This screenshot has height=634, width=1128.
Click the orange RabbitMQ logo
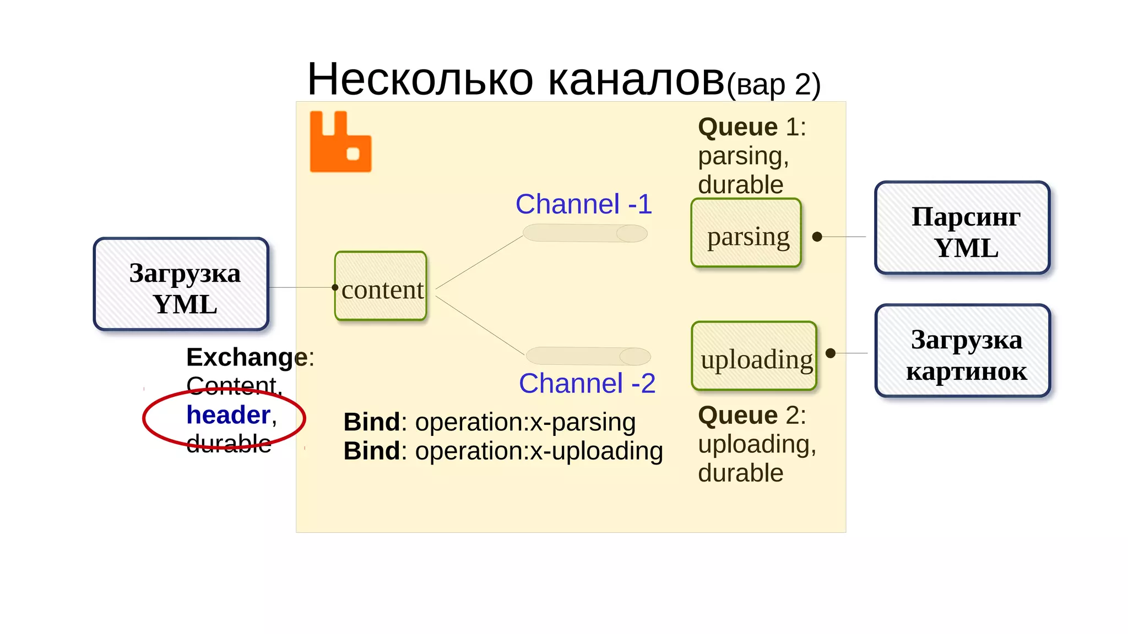pos(340,143)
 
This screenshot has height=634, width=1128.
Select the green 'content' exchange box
pos(381,286)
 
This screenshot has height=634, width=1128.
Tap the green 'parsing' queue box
pos(746,233)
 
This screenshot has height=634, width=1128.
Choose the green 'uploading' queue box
pos(754,356)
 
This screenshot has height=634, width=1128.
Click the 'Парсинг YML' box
pos(962,228)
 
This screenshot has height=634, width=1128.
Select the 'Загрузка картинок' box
pos(963,351)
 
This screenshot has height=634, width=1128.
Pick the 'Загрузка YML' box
pos(181,284)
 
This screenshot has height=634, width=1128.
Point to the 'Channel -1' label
pos(584,204)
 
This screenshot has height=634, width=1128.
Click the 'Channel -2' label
pos(587,383)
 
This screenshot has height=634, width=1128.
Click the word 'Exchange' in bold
pos(247,357)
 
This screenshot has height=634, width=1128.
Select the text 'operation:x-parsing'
pos(525,422)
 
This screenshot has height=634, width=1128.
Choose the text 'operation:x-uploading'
pos(539,451)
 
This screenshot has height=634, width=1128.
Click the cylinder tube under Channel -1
pos(585,233)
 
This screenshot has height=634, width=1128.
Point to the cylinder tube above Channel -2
pos(588,356)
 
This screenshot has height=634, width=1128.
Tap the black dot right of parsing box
pos(817,237)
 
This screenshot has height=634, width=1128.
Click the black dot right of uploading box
pos(831,353)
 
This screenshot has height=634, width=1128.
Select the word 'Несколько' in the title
pos(420,80)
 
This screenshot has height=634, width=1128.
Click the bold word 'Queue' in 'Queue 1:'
pos(737,127)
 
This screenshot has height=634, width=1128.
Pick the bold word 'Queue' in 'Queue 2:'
pos(737,416)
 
